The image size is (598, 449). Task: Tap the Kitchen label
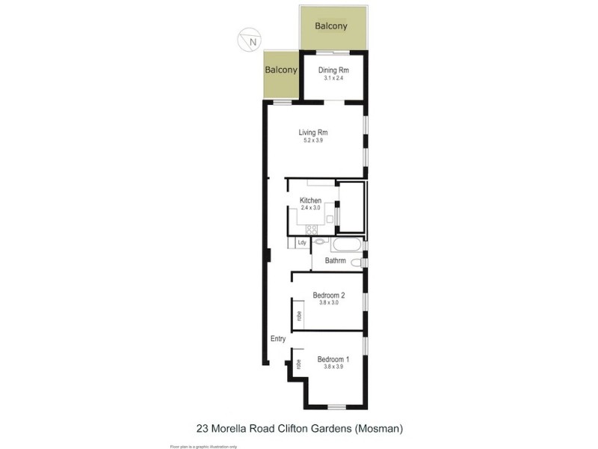click(x=310, y=201)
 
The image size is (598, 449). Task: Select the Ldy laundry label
click(x=302, y=242)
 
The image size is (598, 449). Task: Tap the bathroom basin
click(x=320, y=242)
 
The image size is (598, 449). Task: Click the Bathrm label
click(x=335, y=260)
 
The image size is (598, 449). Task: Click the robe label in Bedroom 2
click(x=299, y=315)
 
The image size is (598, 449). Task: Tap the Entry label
click(x=278, y=339)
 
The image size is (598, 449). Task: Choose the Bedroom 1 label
click(x=333, y=358)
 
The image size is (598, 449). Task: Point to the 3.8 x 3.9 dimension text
click(x=333, y=367)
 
